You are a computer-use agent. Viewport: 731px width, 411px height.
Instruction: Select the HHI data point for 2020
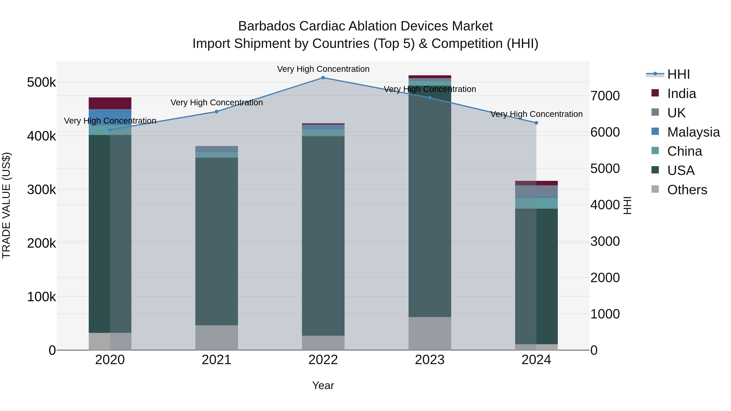pyautogui.click(x=110, y=130)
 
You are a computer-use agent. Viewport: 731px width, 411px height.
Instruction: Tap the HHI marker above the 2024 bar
pyautogui.click(x=536, y=123)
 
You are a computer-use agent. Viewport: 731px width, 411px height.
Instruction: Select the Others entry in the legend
pyautogui.click(x=687, y=190)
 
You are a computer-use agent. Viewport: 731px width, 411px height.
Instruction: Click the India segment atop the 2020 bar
pyautogui.click(x=110, y=103)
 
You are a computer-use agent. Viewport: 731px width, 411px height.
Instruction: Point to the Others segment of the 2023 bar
pyautogui.click(x=430, y=333)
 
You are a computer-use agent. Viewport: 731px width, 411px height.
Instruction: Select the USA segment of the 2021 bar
pyautogui.click(x=216, y=241)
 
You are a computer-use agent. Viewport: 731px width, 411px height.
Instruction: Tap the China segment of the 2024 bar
pyautogui.click(x=536, y=203)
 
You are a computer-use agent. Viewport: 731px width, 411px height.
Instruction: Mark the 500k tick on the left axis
pyautogui.click(x=41, y=83)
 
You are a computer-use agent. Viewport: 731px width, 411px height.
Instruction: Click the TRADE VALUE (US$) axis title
pyautogui.click(x=6, y=205)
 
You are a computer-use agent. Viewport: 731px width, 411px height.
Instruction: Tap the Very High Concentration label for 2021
pyautogui.click(x=216, y=102)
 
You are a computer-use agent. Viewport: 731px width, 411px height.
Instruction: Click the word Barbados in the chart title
pyautogui.click(x=267, y=26)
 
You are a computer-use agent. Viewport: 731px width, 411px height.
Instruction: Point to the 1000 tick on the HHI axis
pyautogui.click(x=605, y=314)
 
